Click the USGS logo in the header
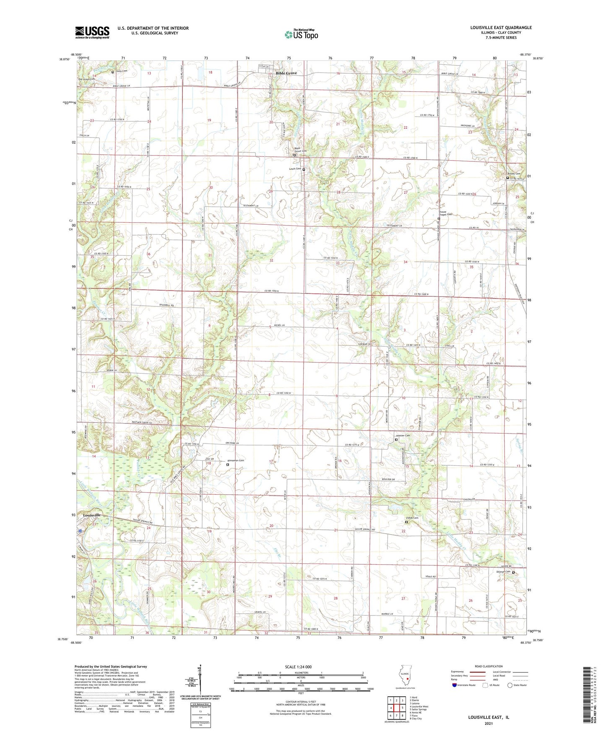(x=92, y=32)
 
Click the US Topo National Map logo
(x=301, y=34)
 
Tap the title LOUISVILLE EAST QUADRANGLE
(x=501, y=28)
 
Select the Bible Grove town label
(x=286, y=73)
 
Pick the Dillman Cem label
(x=504, y=572)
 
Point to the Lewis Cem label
(x=295, y=169)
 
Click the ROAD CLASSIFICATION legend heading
(x=488, y=666)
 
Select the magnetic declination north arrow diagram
(x=200, y=679)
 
